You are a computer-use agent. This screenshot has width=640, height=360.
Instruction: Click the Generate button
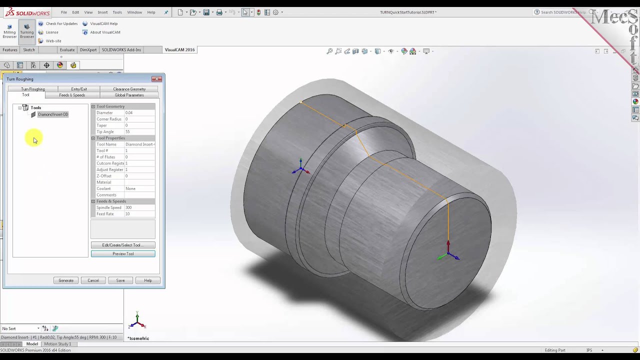pyautogui.click(x=66, y=280)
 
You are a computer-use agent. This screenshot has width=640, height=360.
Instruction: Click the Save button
pyautogui.click(x=120, y=280)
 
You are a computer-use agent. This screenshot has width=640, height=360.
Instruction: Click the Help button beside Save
pyautogui.click(x=148, y=280)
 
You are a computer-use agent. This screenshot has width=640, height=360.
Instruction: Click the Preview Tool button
pyautogui.click(x=123, y=254)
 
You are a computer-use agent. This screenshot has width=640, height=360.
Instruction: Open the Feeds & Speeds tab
pyautogui.click(x=72, y=95)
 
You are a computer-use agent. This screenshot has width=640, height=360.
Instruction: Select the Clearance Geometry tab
pyautogui.click(x=129, y=89)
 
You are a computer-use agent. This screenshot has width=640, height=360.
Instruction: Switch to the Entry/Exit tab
pyautogui.click(x=79, y=89)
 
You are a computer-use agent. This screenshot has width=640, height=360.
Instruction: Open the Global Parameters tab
pyautogui.click(x=129, y=95)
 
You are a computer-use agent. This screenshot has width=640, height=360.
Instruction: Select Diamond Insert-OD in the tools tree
pyautogui.click(x=53, y=114)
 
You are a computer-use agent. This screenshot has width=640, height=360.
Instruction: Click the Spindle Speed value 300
pyautogui.click(x=129, y=207)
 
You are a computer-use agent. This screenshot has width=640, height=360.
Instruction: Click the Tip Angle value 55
pyautogui.click(x=128, y=132)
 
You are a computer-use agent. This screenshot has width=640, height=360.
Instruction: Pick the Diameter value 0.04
pyautogui.click(x=129, y=113)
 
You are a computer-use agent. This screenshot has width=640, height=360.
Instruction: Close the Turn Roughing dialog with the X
pyautogui.click(x=156, y=79)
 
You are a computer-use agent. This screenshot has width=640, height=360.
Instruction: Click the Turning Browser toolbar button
pyautogui.click(x=27, y=31)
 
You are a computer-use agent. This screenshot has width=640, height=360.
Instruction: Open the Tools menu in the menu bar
pyautogui.click(x=117, y=12)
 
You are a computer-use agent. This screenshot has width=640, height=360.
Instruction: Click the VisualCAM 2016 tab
pyautogui.click(x=179, y=50)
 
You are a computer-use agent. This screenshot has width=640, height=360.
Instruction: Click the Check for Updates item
pyautogui.click(x=61, y=23)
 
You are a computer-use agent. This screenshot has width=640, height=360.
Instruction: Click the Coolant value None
pyautogui.click(x=130, y=188)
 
